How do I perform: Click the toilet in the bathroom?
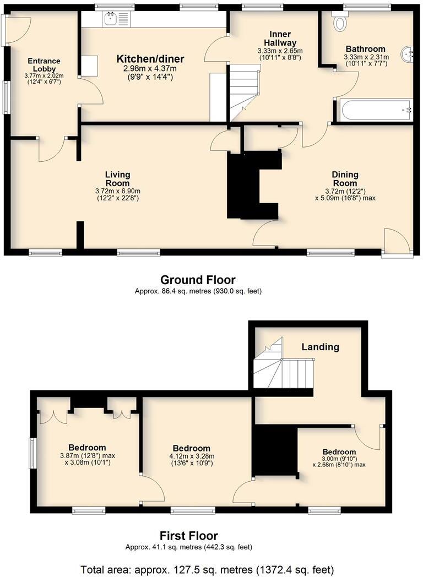tap(340, 22)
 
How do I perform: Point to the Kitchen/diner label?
tap(150, 59)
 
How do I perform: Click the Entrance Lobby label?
tap(44, 65)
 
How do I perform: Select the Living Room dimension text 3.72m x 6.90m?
tap(118, 191)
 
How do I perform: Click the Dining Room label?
tap(345, 179)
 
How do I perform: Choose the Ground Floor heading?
tap(198, 280)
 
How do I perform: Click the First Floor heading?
tap(188, 535)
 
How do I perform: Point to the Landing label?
tap(320, 347)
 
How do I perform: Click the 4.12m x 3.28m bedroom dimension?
tap(191, 456)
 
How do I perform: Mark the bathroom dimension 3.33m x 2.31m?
tap(366, 57)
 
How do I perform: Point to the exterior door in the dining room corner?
tap(397, 243)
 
